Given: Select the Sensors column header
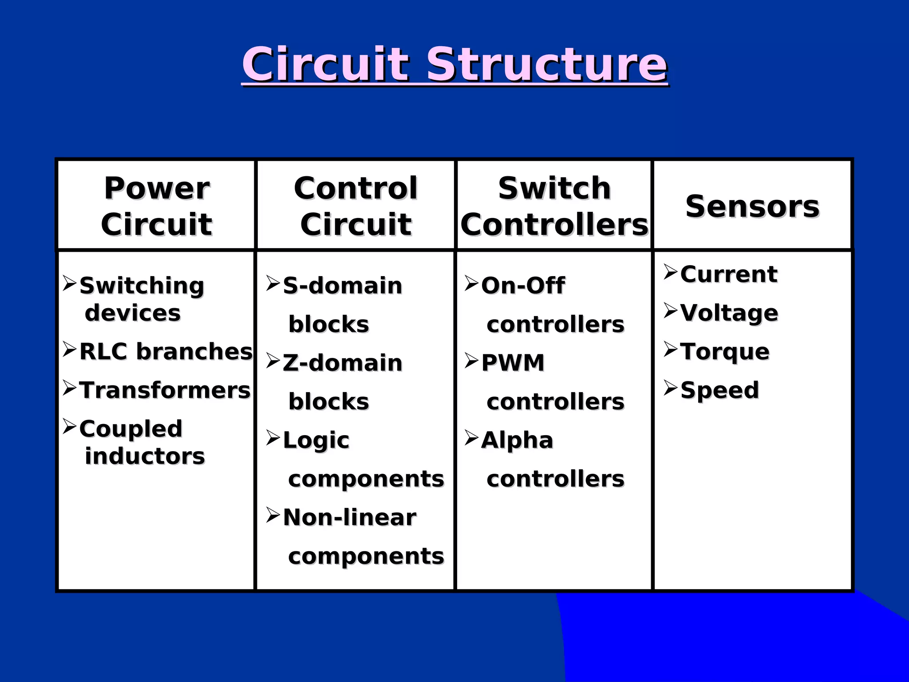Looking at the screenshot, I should point(752,206).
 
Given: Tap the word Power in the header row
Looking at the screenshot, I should point(157,188).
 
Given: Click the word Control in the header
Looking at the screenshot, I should point(356,188).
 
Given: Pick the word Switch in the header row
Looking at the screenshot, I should point(554,188).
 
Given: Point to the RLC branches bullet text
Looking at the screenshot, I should point(166,351).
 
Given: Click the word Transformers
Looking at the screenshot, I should point(165,390).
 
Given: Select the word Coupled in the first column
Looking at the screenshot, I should point(130,429).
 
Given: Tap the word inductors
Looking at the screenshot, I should point(145,456).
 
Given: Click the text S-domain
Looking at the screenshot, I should point(342,285).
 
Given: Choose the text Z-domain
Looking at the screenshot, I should point(342,363).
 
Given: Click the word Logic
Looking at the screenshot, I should point(316,440).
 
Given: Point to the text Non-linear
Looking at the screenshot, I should point(349,517).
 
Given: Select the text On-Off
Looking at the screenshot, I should point(523,285).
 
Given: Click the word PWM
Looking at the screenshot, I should point(513,363).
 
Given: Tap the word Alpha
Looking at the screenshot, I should point(517,440).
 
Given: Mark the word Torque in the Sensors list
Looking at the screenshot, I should point(724,352).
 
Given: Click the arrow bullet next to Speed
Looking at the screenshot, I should point(670,388).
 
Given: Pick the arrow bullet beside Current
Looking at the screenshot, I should point(670,272).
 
